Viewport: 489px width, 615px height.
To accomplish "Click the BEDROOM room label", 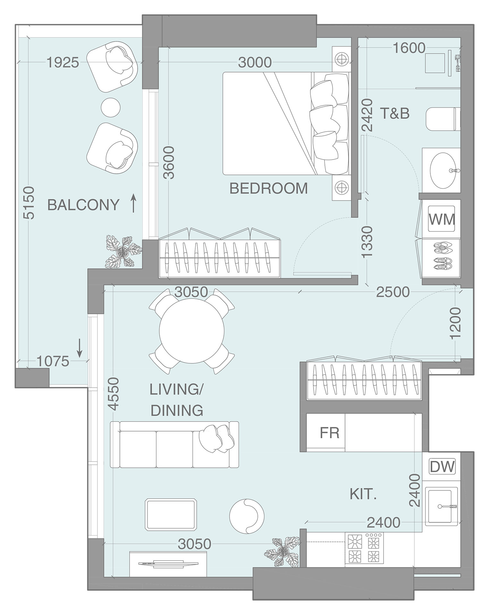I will click(268, 188).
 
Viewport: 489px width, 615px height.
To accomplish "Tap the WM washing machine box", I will click(442, 219).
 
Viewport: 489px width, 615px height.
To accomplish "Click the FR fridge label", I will click(329, 433).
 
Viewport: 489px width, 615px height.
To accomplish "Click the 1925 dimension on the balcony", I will click(63, 63).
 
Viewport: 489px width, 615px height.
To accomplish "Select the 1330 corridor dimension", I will click(367, 241).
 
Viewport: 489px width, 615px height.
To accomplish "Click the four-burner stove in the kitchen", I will click(364, 548).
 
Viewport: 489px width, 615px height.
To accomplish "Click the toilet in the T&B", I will click(443, 119).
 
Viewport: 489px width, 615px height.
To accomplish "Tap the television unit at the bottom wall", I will click(168, 563).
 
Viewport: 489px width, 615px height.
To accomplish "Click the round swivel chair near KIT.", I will click(247, 516).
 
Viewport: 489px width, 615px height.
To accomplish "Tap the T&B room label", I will click(395, 113).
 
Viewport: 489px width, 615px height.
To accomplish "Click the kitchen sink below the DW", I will click(442, 507).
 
